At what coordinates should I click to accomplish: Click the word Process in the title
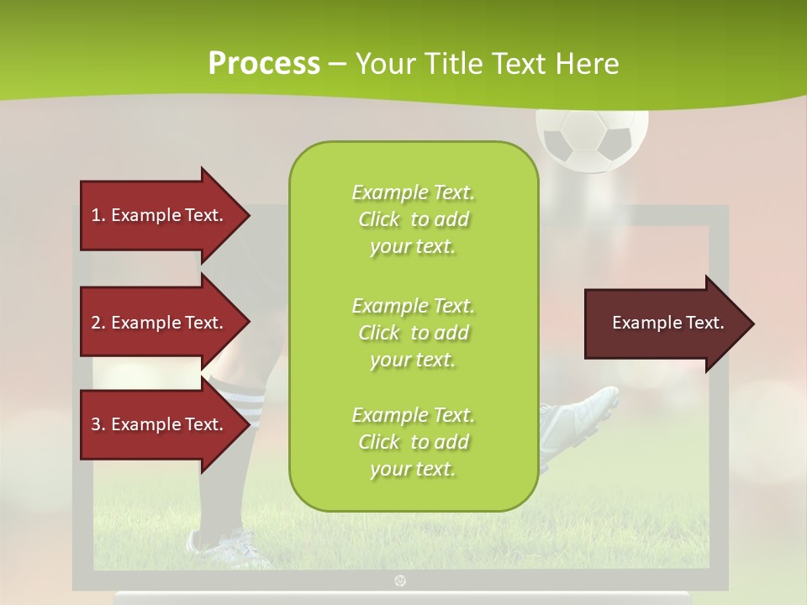coord(264,63)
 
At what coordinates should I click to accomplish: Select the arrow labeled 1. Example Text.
coord(160,215)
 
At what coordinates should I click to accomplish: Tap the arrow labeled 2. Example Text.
coord(160,323)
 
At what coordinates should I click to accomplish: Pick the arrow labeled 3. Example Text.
coord(160,424)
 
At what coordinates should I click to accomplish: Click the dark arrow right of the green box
coord(664,323)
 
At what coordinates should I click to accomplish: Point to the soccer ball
coord(592,139)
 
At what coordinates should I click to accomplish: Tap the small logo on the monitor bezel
coord(400,581)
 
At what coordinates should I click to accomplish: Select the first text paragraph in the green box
coord(413,219)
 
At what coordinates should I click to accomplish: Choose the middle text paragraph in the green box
coord(413,333)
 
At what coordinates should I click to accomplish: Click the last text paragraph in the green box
coord(413,442)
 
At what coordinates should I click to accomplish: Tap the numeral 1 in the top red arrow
coord(96,215)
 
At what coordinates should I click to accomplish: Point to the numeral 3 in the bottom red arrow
coord(96,424)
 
